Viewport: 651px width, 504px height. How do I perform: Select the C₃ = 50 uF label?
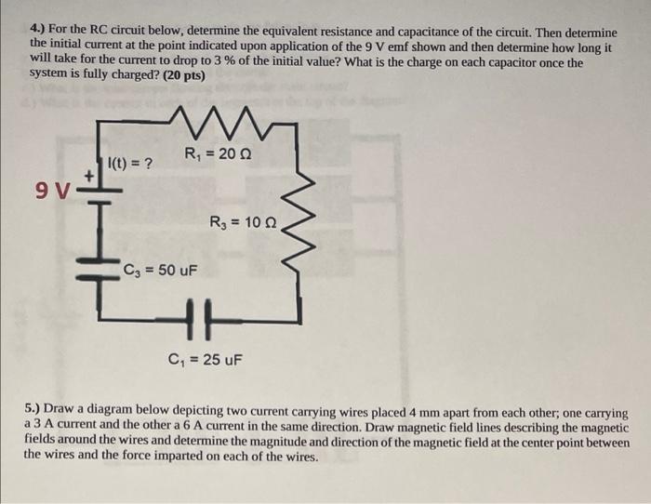pyautogui.click(x=159, y=271)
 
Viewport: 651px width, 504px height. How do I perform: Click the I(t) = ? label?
pyautogui.click(x=131, y=165)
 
